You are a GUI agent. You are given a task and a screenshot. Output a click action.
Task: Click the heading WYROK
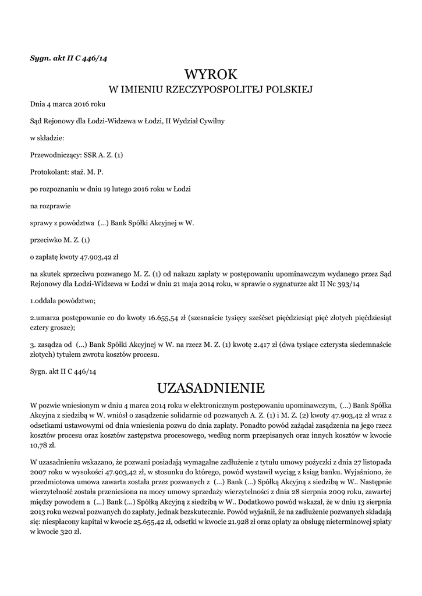[x=211, y=74]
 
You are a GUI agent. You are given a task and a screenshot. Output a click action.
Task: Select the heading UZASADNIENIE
[x=211, y=387]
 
